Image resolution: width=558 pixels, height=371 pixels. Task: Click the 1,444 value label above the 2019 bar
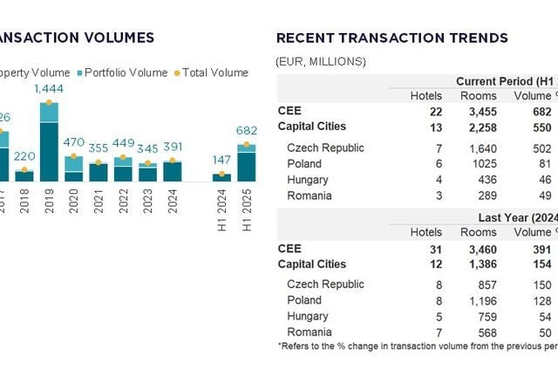pyautogui.click(x=49, y=89)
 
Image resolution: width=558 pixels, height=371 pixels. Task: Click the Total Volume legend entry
pyautogui.click(x=211, y=72)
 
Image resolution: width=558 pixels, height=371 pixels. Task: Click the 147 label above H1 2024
pyautogui.click(x=222, y=161)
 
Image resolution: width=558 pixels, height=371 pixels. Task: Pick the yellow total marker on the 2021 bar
pyautogui.click(x=99, y=162)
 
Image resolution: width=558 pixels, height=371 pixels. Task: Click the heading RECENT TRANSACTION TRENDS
pyautogui.click(x=391, y=38)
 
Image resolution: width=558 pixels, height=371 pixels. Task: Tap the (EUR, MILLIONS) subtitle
pyautogui.click(x=320, y=61)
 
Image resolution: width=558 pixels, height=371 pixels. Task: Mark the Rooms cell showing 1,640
pyautogui.click(x=481, y=148)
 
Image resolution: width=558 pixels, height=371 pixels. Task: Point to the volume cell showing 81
pyautogui.click(x=545, y=164)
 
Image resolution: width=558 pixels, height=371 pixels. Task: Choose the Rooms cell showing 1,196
pyautogui.click(x=481, y=301)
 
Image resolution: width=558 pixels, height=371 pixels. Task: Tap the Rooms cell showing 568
pyautogui.click(x=485, y=333)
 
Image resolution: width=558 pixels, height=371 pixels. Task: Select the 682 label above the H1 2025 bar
pyautogui.click(x=247, y=131)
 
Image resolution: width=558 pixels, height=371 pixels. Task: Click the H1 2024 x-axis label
pyautogui.click(x=222, y=211)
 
